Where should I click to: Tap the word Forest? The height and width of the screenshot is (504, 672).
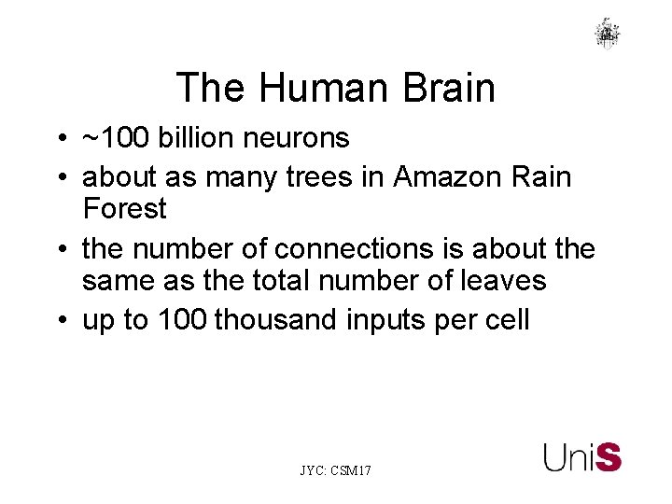click(124, 208)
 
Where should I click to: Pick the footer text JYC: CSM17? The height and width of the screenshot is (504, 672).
click(335, 471)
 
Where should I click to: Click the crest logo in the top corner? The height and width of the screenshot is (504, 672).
click(608, 34)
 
